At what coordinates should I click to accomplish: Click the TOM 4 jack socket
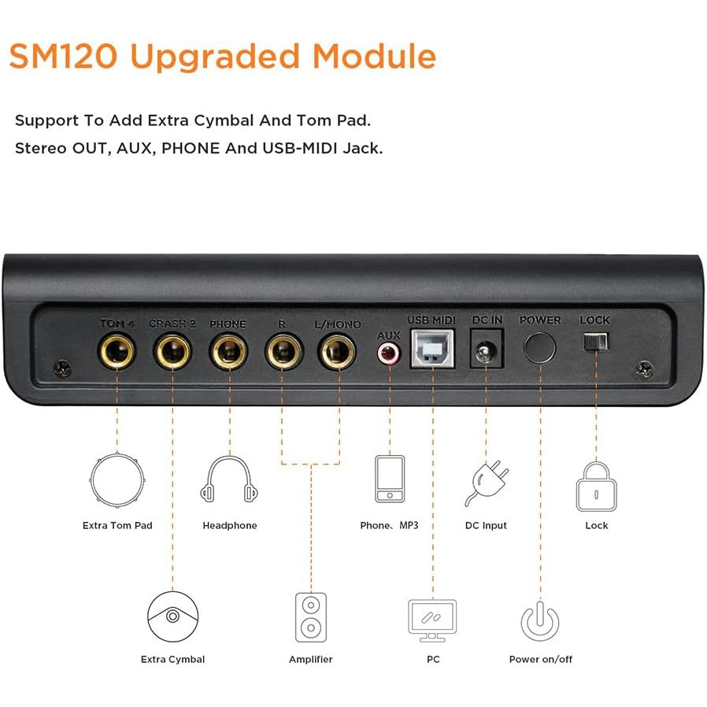(117, 351)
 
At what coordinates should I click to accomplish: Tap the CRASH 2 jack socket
(172, 351)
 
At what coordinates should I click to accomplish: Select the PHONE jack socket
(228, 351)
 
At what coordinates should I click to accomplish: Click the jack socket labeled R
(283, 351)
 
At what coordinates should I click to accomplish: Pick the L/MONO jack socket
(337, 351)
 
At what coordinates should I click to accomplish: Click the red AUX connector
(389, 353)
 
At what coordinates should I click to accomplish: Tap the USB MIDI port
(432, 349)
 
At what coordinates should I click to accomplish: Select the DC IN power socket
(486, 349)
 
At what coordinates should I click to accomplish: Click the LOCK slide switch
(596, 342)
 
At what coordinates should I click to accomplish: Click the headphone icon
(229, 479)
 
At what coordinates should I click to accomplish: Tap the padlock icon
(596, 486)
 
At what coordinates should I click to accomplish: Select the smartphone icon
(390, 479)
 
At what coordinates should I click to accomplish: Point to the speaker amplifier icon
(311, 617)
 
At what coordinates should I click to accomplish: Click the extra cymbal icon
(172, 616)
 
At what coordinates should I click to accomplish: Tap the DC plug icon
(486, 483)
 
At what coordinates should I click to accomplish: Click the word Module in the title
(374, 57)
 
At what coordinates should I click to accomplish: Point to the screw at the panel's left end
(62, 369)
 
